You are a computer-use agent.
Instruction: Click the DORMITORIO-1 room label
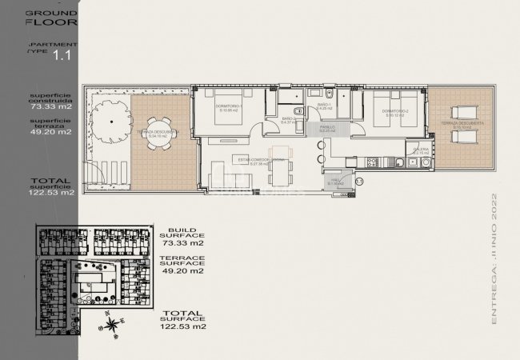pos(229,107)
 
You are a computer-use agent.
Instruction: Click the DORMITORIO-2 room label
pos(398,113)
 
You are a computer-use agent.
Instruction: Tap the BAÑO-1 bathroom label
pos(324,106)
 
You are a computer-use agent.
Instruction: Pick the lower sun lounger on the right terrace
pos(459,138)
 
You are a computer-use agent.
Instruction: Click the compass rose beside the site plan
pos(114,323)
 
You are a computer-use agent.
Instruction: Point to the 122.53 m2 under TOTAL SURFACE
pos(184,326)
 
